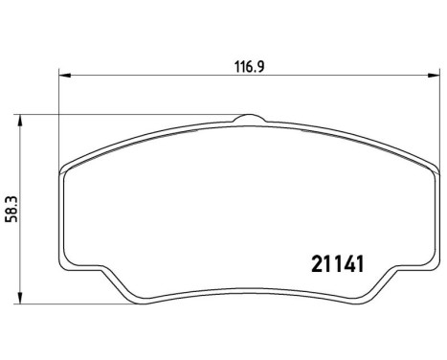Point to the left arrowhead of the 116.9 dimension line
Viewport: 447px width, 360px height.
point(63,76)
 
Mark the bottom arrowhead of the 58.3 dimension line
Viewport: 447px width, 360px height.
point(22,300)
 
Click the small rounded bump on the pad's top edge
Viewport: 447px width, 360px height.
point(246,118)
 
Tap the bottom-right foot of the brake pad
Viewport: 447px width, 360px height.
point(368,292)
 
